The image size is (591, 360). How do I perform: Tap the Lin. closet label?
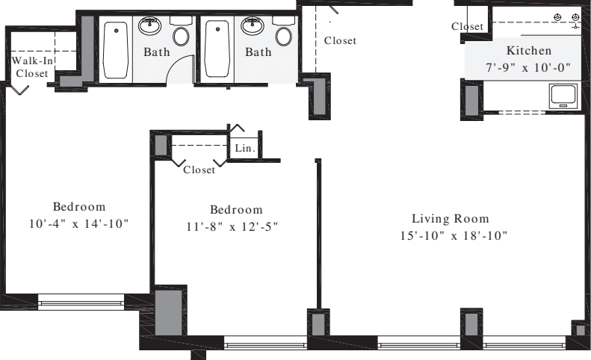click(x=245, y=149)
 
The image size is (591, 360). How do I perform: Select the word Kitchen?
click(x=529, y=51)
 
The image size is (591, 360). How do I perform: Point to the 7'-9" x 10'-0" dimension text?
click(x=528, y=67)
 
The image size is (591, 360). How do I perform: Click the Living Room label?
click(x=451, y=219)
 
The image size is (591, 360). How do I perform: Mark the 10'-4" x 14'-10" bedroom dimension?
click(x=78, y=224)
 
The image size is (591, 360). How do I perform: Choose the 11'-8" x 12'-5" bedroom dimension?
click(x=235, y=226)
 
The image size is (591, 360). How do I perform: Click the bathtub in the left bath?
click(x=115, y=49)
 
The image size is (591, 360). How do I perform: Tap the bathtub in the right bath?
click(x=217, y=49)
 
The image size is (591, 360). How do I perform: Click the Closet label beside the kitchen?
click(x=468, y=27)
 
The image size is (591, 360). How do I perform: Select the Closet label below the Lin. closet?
click(x=199, y=170)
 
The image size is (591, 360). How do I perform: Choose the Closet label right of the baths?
click(x=340, y=41)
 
